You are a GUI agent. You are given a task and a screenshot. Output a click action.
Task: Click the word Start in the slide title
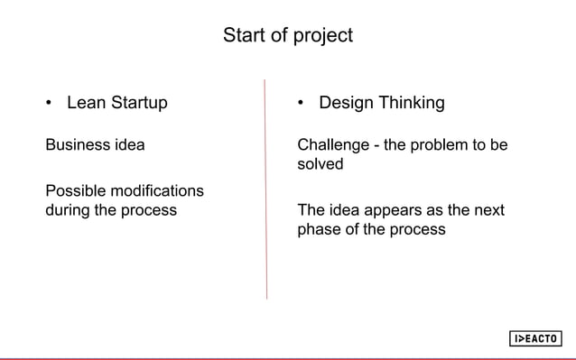coord(242,36)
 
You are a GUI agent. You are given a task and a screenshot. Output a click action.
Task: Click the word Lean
coord(87,103)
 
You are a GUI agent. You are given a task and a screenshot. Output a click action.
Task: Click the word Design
coord(346,103)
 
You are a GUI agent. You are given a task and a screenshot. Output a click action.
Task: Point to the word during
coord(68,211)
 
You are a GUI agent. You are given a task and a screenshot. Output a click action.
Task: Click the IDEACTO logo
coord(534,338)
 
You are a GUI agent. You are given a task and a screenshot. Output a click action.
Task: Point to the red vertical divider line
coord(265,189)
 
